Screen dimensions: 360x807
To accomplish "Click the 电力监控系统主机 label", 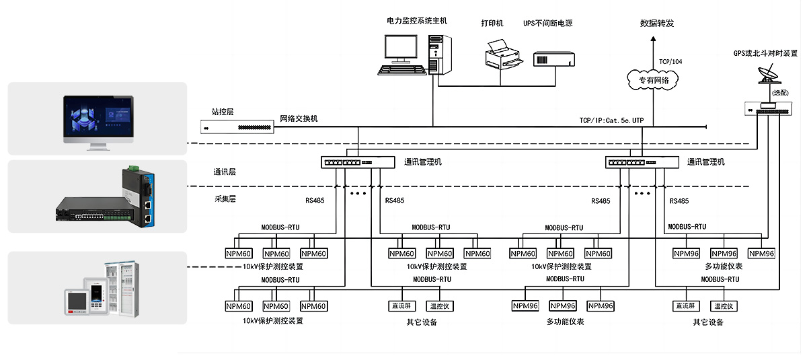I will coord(417,21).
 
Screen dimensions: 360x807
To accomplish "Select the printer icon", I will coord(503,55).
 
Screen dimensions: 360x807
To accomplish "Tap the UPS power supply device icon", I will coord(555,60).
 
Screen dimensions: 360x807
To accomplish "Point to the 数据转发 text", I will coord(657,24).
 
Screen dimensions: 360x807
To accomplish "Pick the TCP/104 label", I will coord(670,61).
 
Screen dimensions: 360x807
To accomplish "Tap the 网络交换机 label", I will coord(299,119).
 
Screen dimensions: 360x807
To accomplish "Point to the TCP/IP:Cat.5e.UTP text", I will coord(611,120).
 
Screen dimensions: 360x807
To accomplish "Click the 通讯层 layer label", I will coord(224,172).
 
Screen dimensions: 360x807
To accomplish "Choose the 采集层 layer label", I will coord(224,199).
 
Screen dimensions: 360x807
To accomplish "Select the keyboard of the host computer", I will coord(402,69).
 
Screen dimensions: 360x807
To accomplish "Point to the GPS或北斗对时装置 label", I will coord(765,53).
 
